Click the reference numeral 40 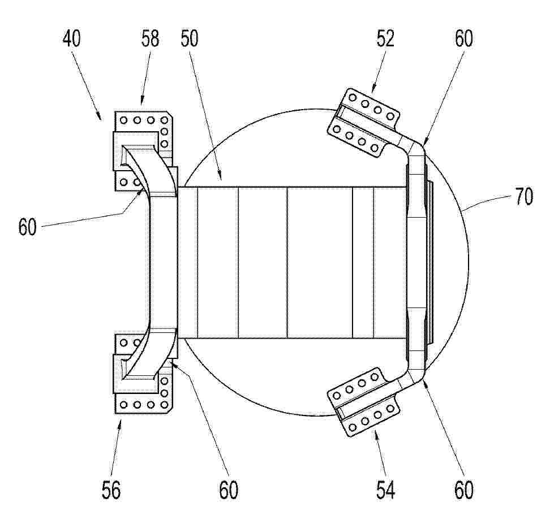72,38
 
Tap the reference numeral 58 150,38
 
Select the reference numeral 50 190,38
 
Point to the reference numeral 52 385,38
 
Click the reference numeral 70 524,197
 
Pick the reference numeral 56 111,490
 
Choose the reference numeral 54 385,490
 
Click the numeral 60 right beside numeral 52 463,38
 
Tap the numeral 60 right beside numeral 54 464,490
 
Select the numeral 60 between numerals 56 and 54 229,490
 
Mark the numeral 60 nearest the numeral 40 27,227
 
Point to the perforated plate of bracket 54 364,402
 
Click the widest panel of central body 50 320,262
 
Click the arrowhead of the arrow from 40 98,115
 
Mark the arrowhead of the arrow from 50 220,175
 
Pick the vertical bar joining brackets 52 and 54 417,262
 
